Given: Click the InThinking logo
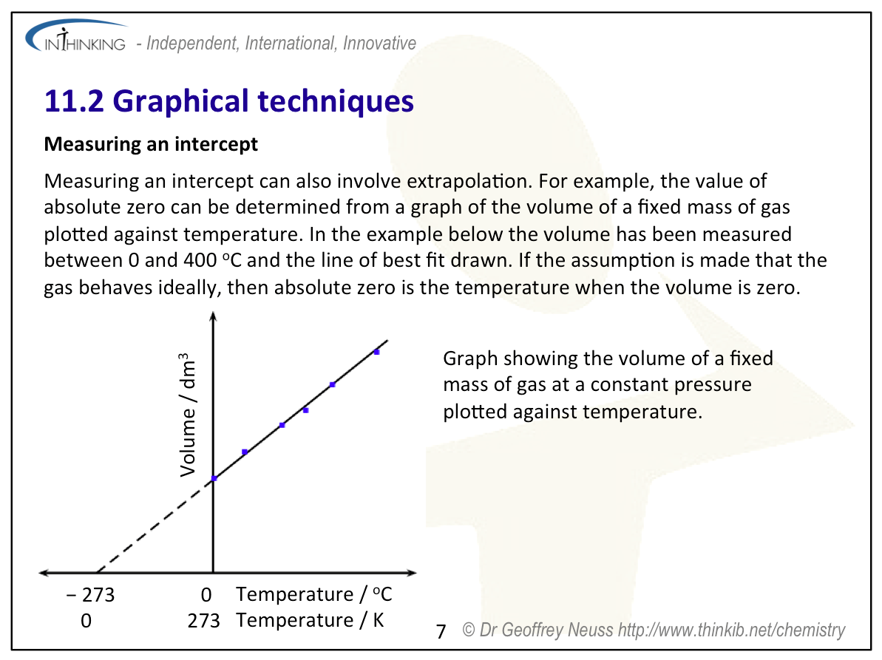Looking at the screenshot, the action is pyautogui.click(x=76, y=36).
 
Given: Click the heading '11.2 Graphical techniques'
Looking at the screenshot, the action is pyautogui.click(x=229, y=101).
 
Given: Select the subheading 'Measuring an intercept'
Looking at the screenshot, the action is pyautogui.click(x=151, y=144).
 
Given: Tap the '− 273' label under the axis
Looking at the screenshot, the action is pyautogui.click(x=90, y=594).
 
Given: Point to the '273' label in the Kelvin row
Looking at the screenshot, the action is pyautogui.click(x=203, y=621).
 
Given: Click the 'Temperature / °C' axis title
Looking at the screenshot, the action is pyautogui.click(x=314, y=593).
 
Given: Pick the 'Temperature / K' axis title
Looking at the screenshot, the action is pyautogui.click(x=310, y=620).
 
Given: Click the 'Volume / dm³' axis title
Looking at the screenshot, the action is pyautogui.click(x=187, y=415).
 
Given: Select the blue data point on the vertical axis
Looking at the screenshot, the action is pyautogui.click(x=214, y=478).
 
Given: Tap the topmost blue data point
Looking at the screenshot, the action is pyautogui.click(x=377, y=353).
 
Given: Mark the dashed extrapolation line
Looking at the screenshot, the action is pyautogui.click(x=155, y=525).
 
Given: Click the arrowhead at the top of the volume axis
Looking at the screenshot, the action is pyautogui.click(x=213, y=316).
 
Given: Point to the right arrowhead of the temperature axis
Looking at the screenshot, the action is pyautogui.click(x=412, y=573).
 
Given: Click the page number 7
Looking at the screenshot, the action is pyautogui.click(x=441, y=631).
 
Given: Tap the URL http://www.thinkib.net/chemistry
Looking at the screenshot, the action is pyautogui.click(x=731, y=630).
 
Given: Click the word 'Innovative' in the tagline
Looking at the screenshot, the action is pyautogui.click(x=380, y=44).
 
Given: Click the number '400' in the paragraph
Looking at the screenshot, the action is pyautogui.click(x=200, y=260).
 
